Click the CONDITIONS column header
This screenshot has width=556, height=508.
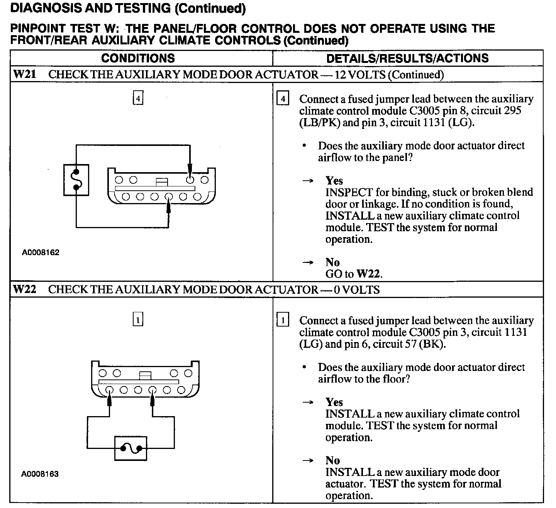pos(138,58)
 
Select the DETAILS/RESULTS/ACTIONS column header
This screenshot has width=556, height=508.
pos(407,58)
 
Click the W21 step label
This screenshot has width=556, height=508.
pos(24,74)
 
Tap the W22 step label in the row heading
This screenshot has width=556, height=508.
pos(24,289)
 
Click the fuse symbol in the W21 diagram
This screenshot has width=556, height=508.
pos(76,180)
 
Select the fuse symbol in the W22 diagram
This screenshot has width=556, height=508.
pos(131,449)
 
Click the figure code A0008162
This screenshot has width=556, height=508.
pos(41,253)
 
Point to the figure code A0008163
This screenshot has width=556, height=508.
pos(40,474)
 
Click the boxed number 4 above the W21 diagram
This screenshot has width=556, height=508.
pos(138,98)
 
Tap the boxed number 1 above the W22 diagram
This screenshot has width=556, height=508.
pos(138,320)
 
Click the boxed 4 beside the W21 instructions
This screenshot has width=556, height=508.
pos(283,99)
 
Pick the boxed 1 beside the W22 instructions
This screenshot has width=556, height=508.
pos(283,320)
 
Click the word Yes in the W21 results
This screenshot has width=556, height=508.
pos(334,180)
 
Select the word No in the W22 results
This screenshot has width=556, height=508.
pos(332,460)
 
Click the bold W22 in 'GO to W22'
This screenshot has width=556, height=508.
pos(369,274)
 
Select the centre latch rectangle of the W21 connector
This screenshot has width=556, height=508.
pos(161,181)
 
